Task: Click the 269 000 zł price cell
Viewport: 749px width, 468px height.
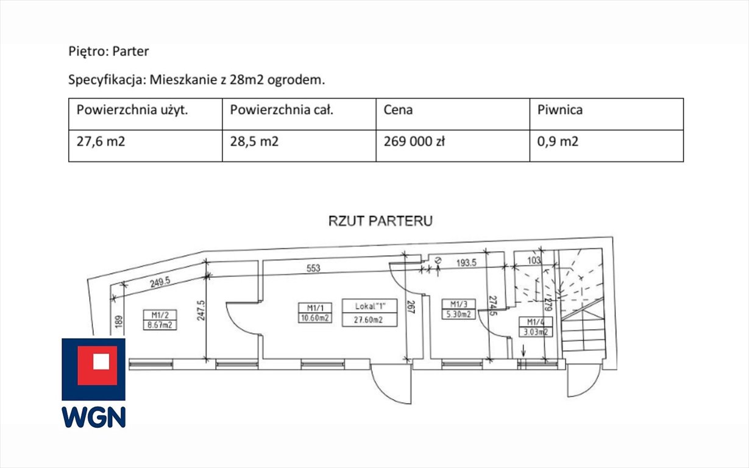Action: (453, 146)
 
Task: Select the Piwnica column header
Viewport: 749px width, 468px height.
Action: (606, 114)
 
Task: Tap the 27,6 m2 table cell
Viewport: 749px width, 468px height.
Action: (146, 146)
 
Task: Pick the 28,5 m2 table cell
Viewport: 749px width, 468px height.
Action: (299, 146)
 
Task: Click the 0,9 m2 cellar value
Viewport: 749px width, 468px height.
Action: (606, 146)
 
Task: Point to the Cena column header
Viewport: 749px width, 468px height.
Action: (453, 114)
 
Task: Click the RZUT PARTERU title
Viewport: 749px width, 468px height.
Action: (380, 221)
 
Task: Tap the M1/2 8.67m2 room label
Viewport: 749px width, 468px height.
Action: (160, 320)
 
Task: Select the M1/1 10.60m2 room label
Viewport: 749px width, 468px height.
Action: (315, 313)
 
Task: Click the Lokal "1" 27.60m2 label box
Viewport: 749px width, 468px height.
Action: (369, 313)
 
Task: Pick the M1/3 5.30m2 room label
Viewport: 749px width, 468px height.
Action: (458, 309)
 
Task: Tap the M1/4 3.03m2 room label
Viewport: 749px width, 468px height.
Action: (536, 327)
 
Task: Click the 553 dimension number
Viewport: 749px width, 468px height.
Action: (313, 268)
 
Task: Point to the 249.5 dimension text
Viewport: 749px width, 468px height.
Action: (160, 282)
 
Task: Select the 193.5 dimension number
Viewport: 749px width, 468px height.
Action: (466, 263)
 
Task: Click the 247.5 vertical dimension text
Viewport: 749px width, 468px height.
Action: (201, 311)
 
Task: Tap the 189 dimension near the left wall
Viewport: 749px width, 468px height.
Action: (119, 322)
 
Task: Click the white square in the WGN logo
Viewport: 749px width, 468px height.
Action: (101, 361)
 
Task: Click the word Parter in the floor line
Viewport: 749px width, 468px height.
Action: (130, 51)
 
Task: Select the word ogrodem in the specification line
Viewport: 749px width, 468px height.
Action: (296, 80)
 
